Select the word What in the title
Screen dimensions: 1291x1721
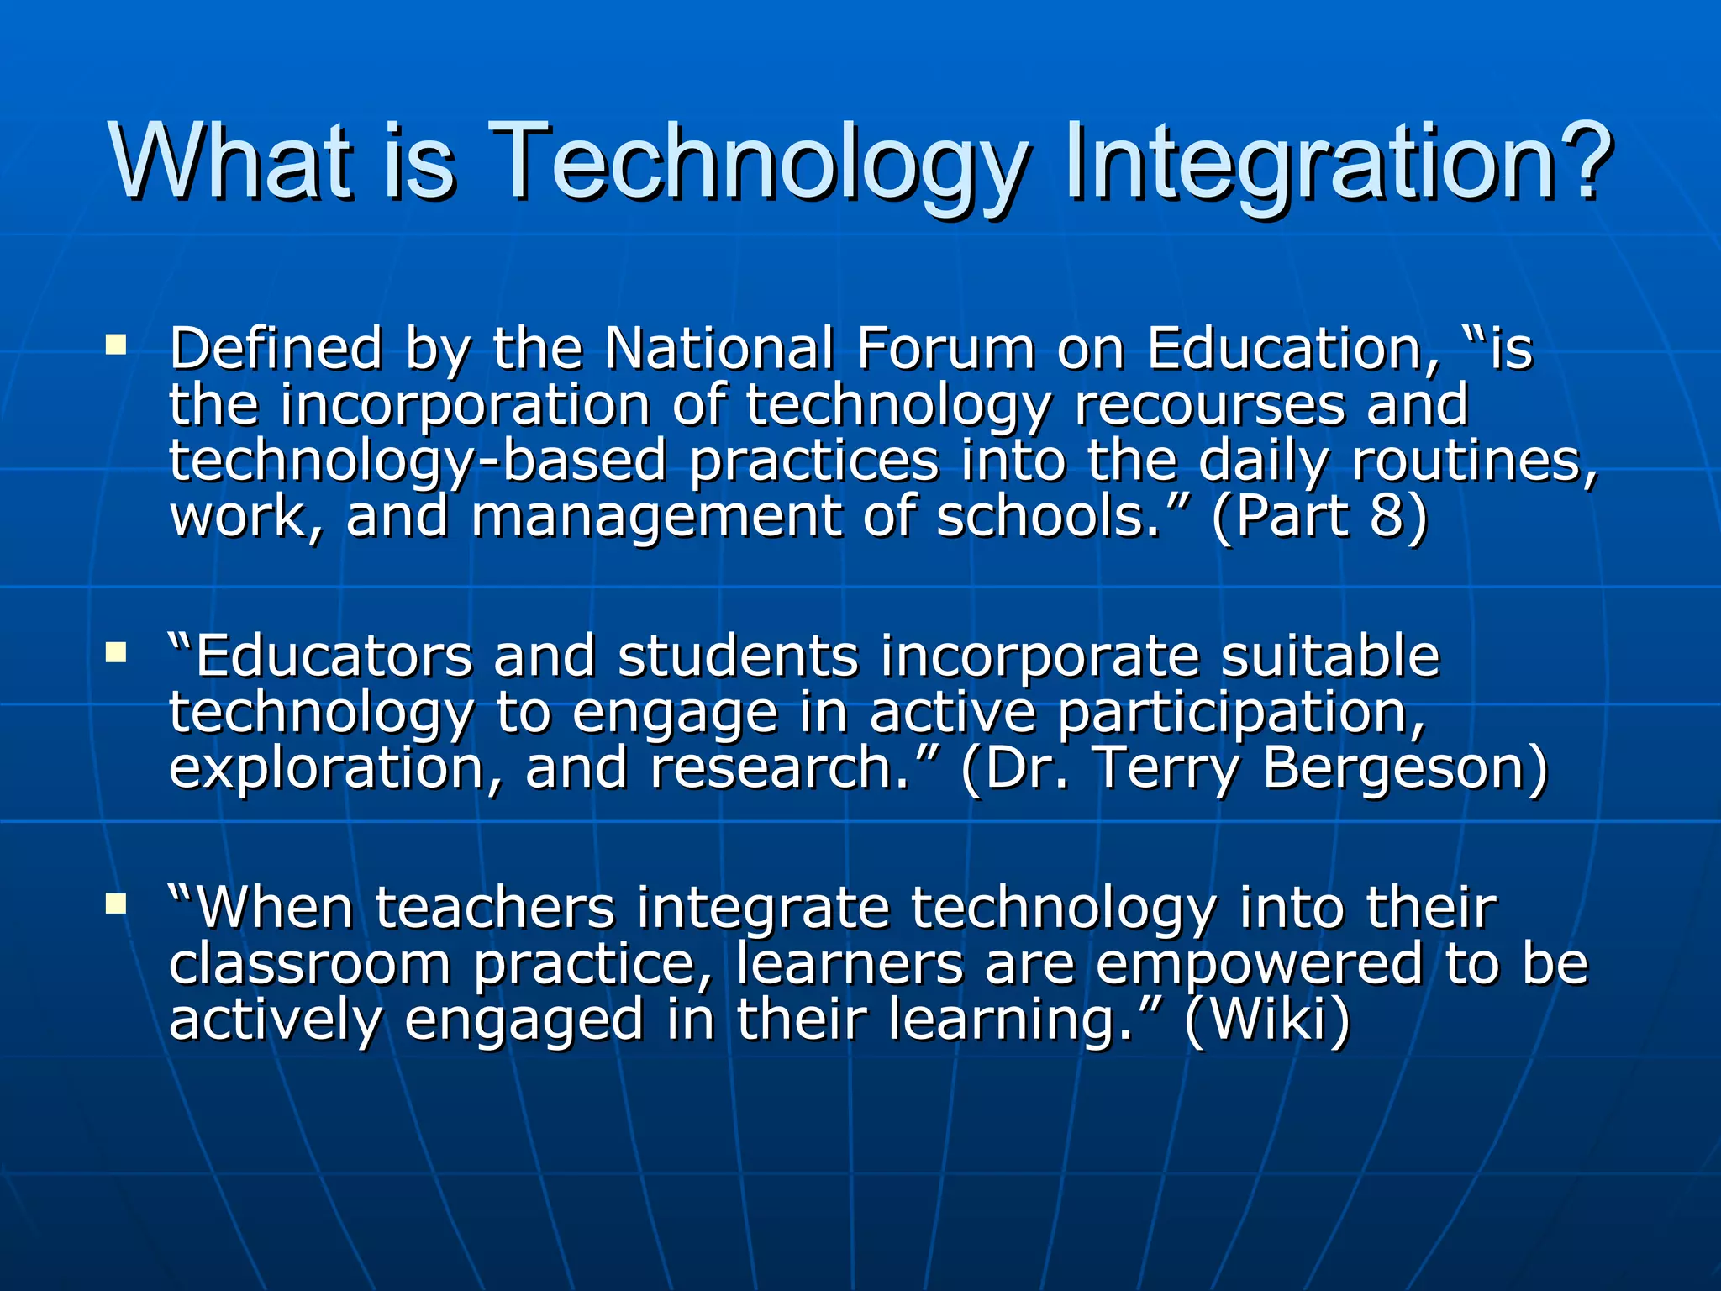(229, 161)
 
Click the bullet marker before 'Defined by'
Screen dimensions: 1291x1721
(116, 345)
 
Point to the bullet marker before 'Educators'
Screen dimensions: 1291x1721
(116, 652)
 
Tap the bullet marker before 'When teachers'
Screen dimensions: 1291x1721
(116, 904)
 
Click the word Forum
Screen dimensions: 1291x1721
(945, 348)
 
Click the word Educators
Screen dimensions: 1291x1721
(333, 656)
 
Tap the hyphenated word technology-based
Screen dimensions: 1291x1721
(418, 461)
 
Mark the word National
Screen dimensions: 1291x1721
(719, 348)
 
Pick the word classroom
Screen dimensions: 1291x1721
(310, 963)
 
